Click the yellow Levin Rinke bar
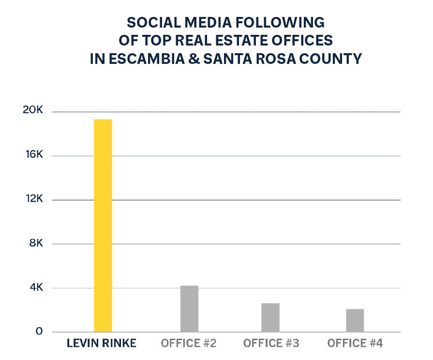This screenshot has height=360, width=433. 103,225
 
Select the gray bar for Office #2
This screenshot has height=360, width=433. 189,309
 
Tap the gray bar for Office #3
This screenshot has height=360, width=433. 270,317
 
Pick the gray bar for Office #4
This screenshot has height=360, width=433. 355,320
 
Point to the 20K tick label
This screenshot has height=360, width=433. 33,111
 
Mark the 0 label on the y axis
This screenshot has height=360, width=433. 40,332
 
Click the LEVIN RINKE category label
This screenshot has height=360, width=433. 102,344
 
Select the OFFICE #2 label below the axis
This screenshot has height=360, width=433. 189,344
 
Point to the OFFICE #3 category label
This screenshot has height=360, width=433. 271,344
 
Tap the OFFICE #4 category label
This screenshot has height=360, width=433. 355,344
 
